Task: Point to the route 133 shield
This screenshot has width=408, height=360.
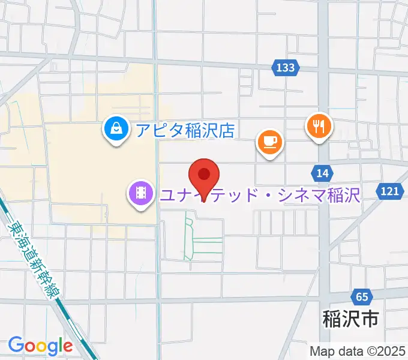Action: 286,68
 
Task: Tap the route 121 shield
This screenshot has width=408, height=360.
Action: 389,191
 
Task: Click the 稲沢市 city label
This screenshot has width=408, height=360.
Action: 351,319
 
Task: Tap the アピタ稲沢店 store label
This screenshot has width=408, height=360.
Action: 184,129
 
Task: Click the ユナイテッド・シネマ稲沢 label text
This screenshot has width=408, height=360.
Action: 259,194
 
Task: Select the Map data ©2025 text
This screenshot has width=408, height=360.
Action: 358,351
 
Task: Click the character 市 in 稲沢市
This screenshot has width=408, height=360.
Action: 370,319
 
